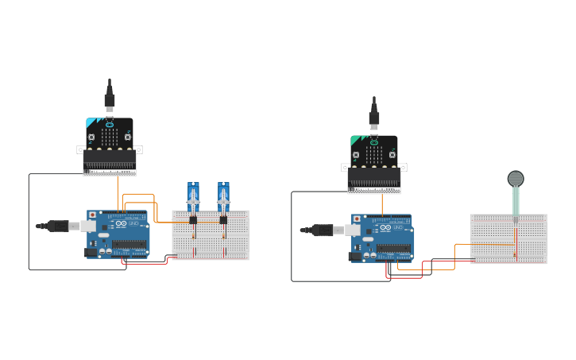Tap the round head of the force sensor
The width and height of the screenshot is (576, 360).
tap(516, 178)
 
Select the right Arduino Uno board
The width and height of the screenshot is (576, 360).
tap(382, 238)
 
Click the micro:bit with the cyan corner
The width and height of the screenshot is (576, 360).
tap(110, 143)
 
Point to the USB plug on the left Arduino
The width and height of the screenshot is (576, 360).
tap(59, 226)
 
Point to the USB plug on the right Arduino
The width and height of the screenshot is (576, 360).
tap(323, 230)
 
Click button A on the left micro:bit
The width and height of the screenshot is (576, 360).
tap(91, 137)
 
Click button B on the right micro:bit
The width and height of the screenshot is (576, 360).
tap(392, 155)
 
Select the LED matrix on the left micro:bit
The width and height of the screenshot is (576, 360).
tap(110, 137)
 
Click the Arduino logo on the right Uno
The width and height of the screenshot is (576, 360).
tap(388, 228)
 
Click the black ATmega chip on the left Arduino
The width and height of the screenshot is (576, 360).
tap(129, 245)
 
